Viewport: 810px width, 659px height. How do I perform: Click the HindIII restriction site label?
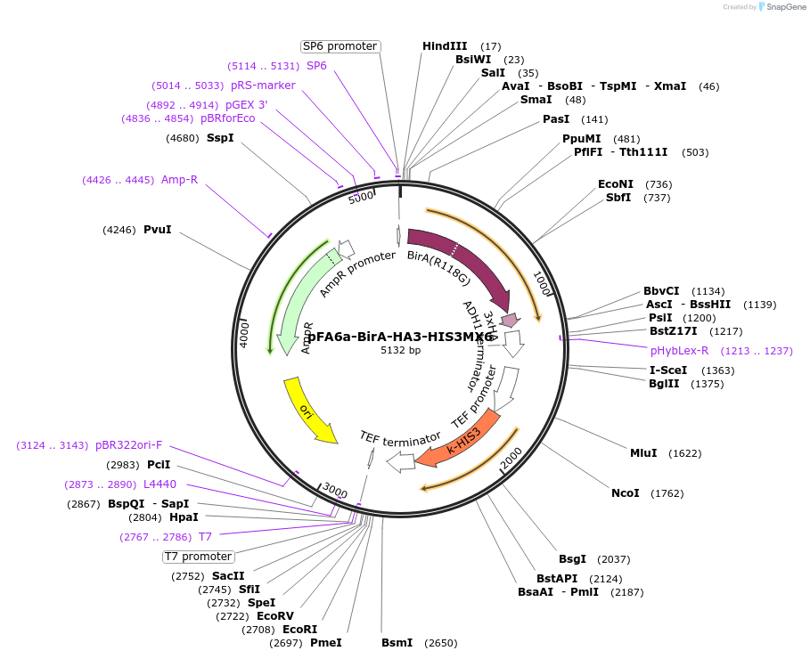445,46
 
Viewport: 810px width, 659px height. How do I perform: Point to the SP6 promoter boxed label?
340,46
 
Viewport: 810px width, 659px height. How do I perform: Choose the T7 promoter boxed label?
198,557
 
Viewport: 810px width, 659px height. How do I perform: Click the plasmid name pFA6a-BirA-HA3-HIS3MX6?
400,337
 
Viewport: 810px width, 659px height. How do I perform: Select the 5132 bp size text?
400,350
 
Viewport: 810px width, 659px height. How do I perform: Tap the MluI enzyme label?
643,452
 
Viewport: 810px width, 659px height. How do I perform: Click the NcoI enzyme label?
625,492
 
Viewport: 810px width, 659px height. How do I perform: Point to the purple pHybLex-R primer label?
680,351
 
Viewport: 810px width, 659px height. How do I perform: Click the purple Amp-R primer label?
179,180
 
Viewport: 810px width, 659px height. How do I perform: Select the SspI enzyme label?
220,137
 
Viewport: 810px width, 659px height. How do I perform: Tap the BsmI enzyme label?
397,642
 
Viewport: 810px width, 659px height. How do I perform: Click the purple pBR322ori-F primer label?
129,445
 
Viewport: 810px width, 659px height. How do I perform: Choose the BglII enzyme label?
664,384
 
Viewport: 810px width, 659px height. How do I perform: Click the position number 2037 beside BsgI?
613,559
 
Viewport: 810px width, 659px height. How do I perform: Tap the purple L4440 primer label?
160,484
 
